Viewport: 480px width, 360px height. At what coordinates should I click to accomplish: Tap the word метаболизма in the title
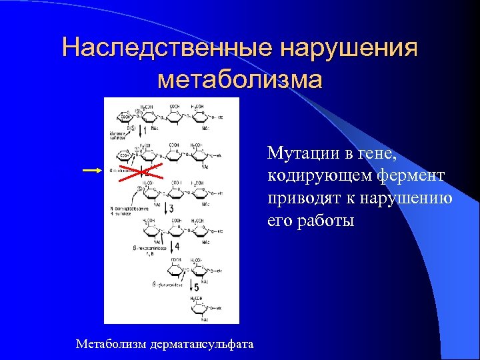[x=240, y=79]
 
